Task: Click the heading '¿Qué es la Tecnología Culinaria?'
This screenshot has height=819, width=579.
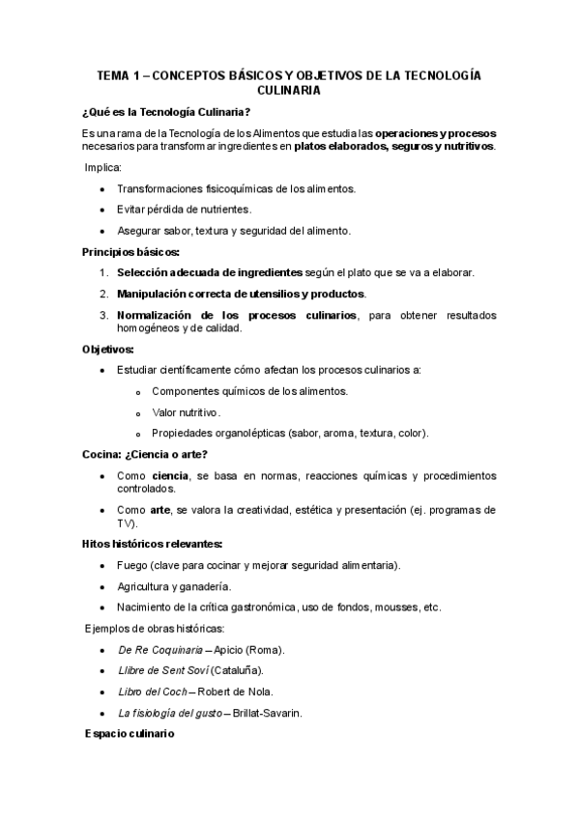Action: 168,110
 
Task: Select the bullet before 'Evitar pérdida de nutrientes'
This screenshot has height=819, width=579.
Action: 103,210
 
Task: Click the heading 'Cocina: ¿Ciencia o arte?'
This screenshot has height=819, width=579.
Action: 145,454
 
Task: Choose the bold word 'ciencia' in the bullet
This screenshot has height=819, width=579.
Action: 170,476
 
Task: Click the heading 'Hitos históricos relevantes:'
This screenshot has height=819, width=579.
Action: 153,543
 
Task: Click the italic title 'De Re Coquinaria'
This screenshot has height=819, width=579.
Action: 160,650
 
